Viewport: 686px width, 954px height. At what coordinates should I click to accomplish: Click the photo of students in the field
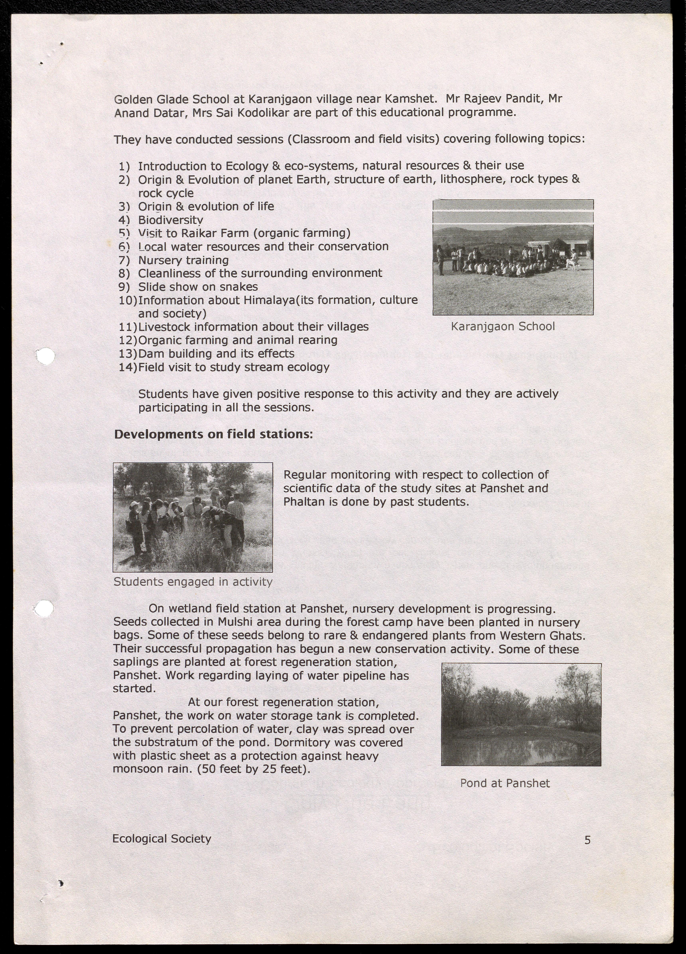[x=193, y=517]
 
